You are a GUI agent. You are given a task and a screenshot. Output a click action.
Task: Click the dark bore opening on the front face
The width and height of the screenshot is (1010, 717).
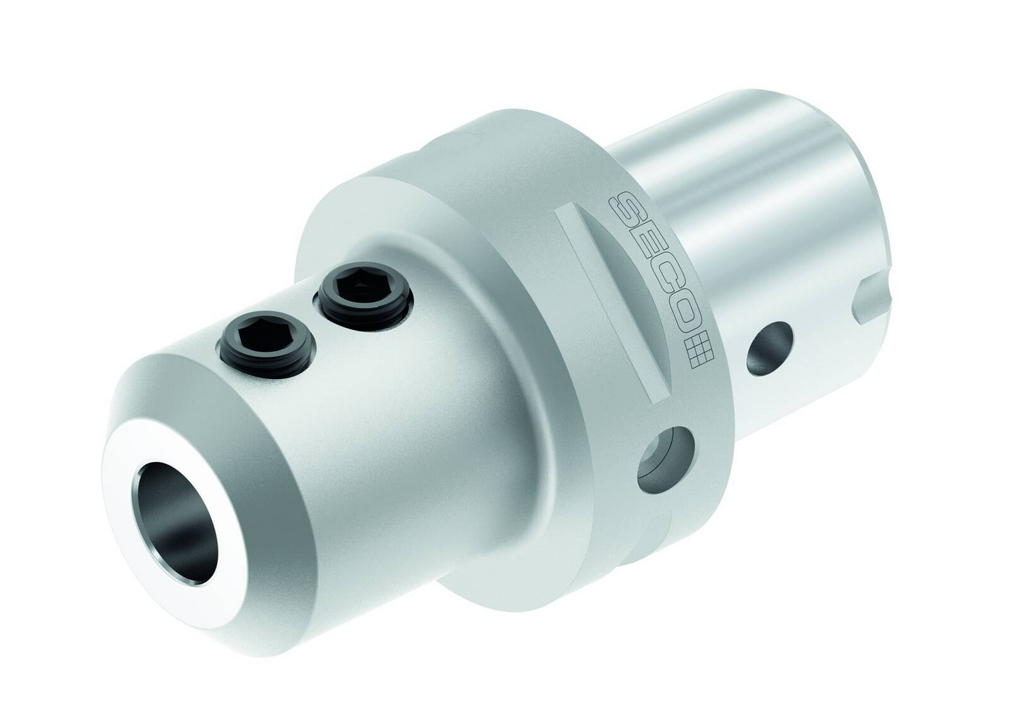click(x=175, y=522)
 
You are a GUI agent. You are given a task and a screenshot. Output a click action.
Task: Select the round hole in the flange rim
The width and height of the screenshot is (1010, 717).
click(x=665, y=459)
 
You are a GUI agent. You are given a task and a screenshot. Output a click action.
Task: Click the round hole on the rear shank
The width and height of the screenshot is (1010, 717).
click(x=770, y=349)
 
